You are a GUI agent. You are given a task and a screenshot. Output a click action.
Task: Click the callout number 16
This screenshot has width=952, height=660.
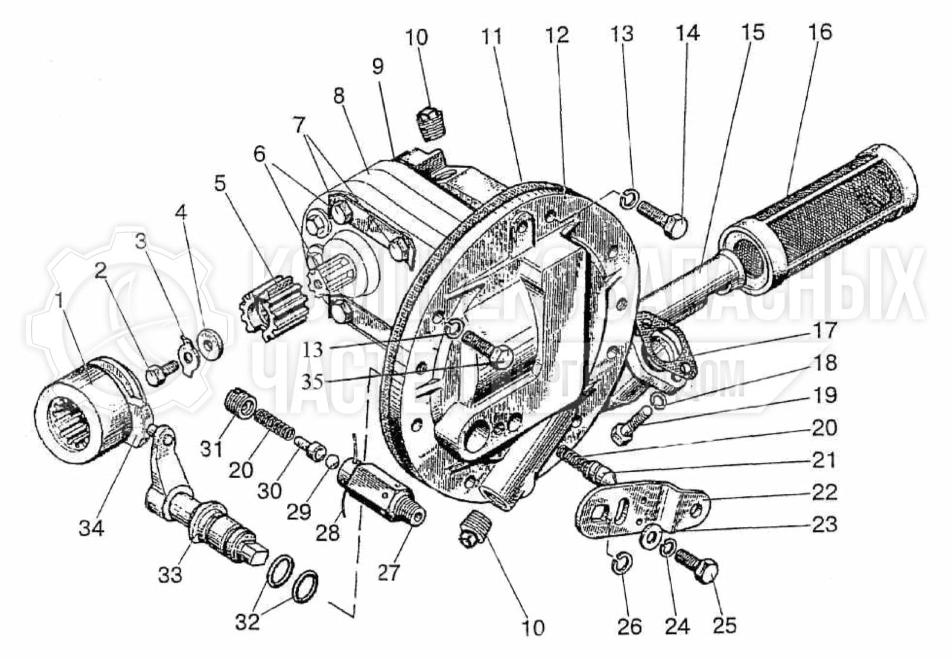(820, 32)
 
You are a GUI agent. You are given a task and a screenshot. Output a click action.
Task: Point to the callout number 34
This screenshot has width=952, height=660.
(91, 528)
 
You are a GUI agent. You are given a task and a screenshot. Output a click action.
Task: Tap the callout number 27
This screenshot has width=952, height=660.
(388, 572)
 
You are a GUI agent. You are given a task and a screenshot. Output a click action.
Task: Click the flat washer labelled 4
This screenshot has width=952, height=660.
(210, 345)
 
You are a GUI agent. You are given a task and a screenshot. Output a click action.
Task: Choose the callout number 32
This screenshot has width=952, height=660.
(247, 621)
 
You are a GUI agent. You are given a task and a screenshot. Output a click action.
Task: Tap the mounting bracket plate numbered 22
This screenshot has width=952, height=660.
(641, 506)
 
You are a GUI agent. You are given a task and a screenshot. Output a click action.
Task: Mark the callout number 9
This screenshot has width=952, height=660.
(377, 66)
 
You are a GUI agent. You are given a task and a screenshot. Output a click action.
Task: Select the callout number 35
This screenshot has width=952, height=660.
(312, 382)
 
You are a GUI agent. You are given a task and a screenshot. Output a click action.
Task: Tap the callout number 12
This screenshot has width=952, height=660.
(557, 35)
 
